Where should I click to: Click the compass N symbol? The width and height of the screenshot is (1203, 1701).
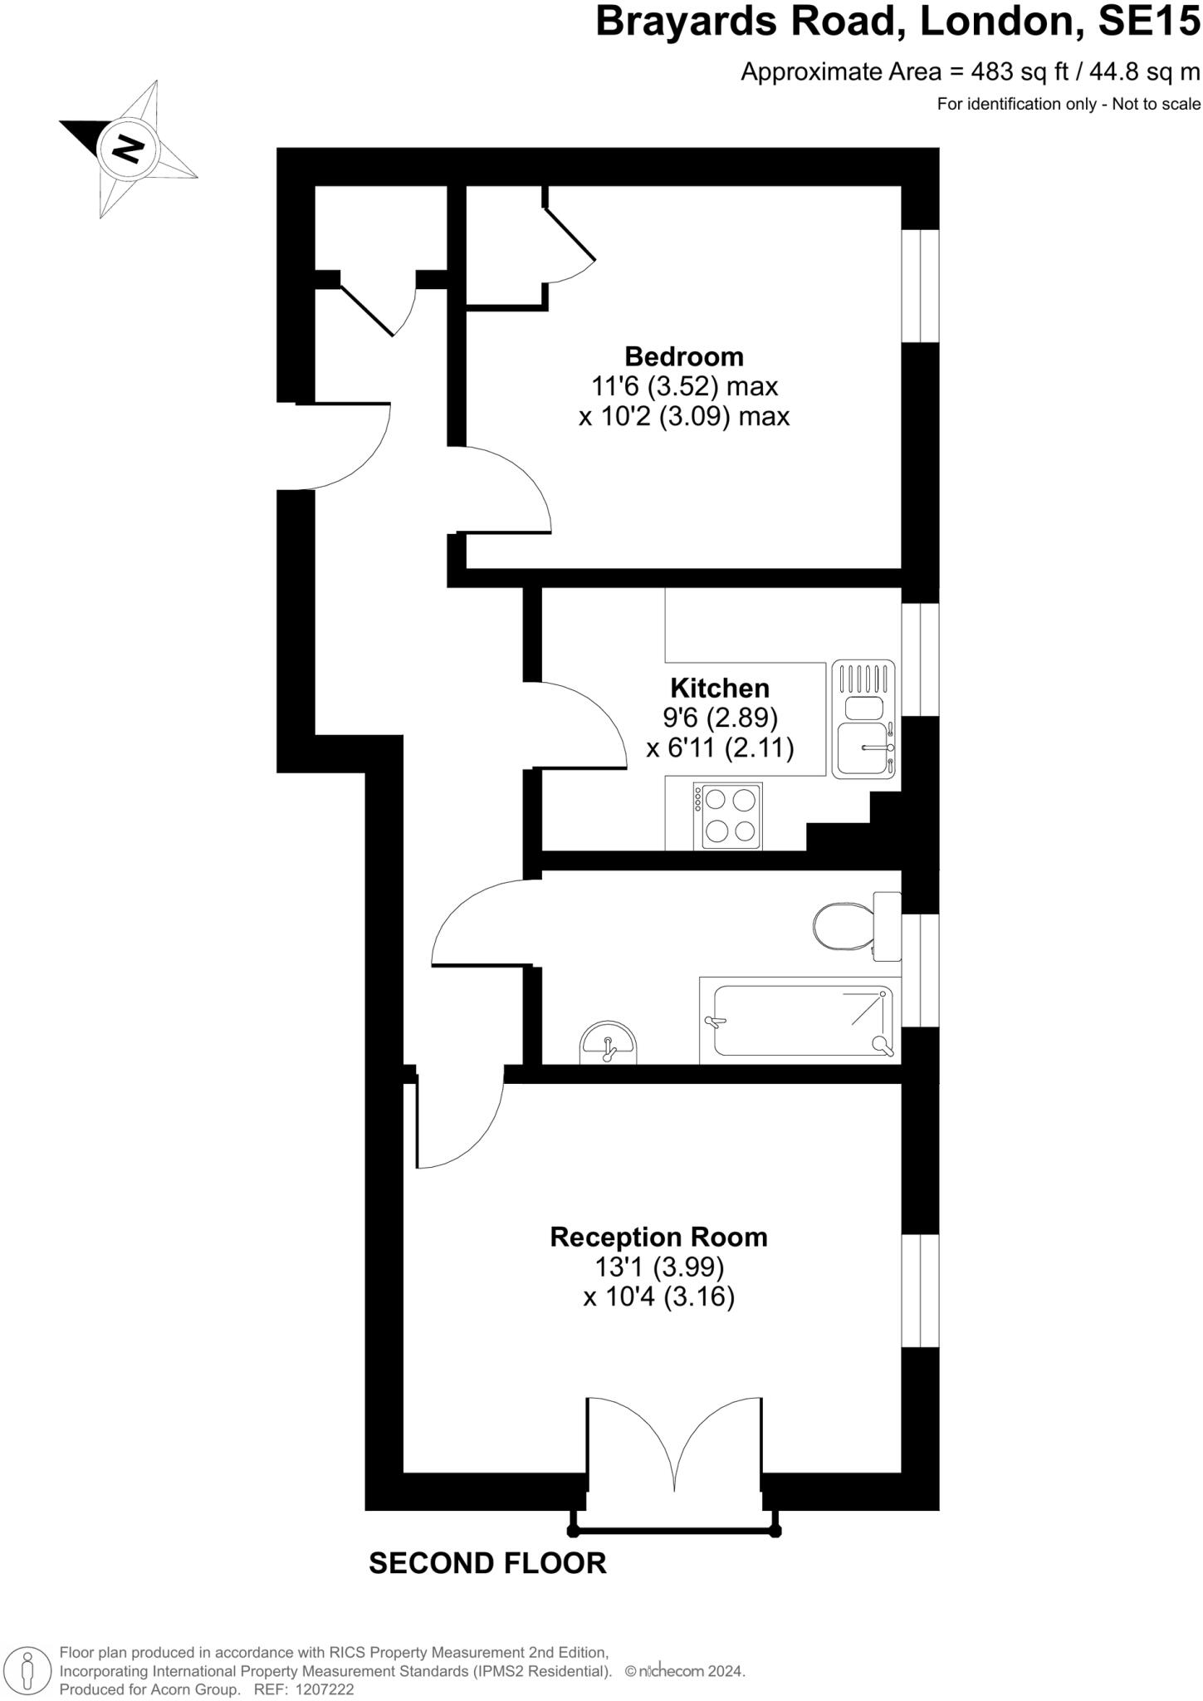click(128, 148)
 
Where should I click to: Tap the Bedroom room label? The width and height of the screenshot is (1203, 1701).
click(683, 356)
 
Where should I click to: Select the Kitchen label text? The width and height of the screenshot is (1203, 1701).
click(719, 688)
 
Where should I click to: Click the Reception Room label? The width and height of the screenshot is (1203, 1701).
click(658, 1237)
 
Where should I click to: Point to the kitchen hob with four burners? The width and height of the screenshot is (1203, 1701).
click(729, 816)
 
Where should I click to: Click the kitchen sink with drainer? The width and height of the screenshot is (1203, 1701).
click(863, 718)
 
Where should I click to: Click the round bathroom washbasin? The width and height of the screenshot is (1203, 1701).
click(609, 1045)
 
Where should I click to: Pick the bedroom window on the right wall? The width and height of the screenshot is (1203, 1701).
click(920, 285)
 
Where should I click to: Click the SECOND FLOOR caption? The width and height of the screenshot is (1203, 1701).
click(487, 1563)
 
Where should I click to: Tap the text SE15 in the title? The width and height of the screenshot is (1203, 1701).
click(1148, 22)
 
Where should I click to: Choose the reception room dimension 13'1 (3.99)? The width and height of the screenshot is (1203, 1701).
click(658, 1267)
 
